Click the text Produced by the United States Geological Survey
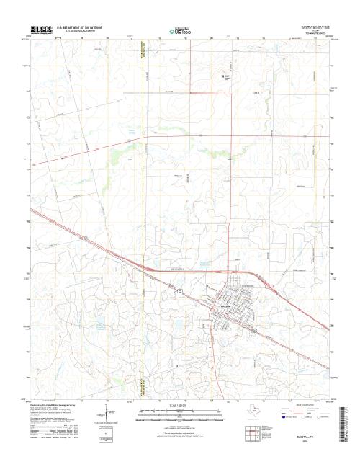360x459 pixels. [54, 404]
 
